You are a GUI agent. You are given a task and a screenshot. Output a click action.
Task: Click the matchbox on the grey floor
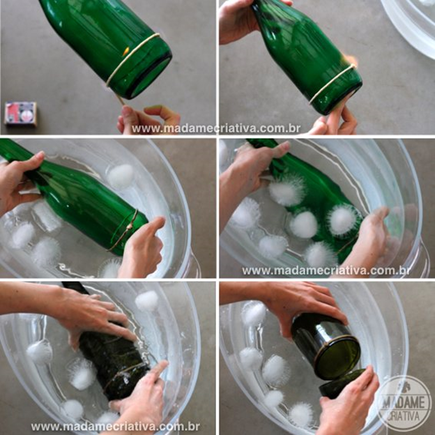coord(20,114)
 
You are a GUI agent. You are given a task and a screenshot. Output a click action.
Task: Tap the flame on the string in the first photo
coord(126,51)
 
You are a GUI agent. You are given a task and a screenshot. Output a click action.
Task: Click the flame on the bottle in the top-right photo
coord(350,60)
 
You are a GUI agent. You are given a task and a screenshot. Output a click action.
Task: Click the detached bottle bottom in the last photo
coord(342,384)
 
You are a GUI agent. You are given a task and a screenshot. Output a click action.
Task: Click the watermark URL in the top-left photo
coord(216,129)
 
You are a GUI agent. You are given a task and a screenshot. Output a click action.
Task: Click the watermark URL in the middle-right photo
coord(326,270)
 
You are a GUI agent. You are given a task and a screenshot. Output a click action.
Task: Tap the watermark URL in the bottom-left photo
coord(115,427)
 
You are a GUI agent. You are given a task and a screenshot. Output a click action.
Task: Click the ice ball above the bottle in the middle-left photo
coord(121,176)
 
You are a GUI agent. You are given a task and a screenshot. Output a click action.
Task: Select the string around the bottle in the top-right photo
coord(333,83)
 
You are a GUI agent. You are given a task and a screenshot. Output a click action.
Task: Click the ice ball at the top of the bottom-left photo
coord(147,300)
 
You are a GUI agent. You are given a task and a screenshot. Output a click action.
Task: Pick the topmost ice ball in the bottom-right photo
coord(254,314)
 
